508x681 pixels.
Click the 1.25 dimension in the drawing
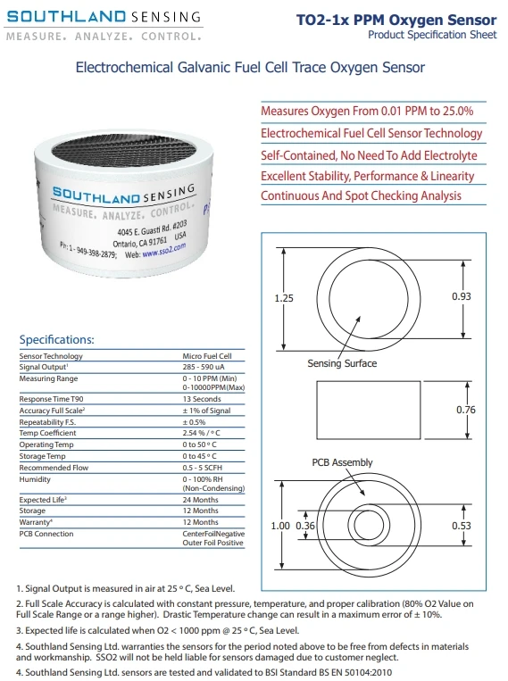point(284,298)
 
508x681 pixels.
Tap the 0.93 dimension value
point(487,295)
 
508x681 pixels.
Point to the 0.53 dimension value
point(487,525)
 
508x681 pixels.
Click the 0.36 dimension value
point(306,526)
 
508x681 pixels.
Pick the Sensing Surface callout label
point(342,363)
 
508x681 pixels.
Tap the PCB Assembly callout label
point(342,462)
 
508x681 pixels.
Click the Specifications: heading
point(56,340)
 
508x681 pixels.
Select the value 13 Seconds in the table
point(204,398)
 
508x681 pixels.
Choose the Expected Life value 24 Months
point(201,500)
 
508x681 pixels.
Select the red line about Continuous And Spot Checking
point(361,196)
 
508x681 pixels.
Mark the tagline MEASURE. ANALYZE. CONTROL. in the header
point(103,37)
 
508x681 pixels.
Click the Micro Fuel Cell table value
point(207,355)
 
